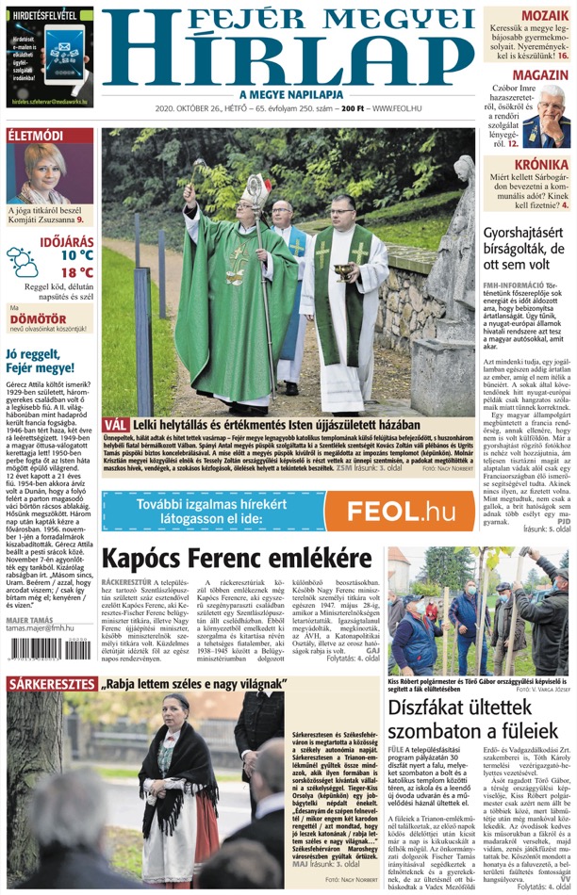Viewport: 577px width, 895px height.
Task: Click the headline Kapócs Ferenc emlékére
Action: [223, 559]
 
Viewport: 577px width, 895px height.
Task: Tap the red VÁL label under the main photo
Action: [115, 425]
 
